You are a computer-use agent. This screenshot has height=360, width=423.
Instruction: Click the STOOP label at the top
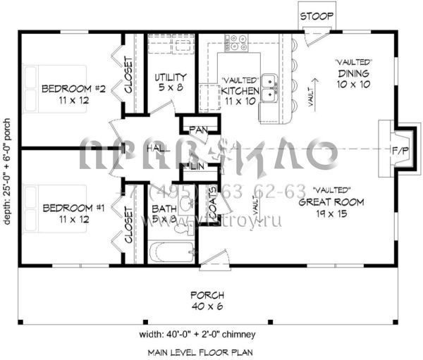pos(312,15)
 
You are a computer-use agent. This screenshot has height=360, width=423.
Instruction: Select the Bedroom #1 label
pos(73,213)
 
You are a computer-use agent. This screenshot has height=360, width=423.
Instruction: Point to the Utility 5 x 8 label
pos(170,82)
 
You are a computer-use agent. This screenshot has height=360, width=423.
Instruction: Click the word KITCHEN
pos(240,91)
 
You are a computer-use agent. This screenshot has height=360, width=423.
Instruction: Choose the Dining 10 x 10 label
pos(353,78)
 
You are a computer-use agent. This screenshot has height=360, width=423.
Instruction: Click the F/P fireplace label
pos(399,149)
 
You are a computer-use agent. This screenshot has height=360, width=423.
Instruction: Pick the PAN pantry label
pos(196,130)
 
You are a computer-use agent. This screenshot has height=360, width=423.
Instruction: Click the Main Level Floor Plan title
pos(200,351)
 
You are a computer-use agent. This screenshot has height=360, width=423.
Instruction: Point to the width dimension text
pos(201,334)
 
